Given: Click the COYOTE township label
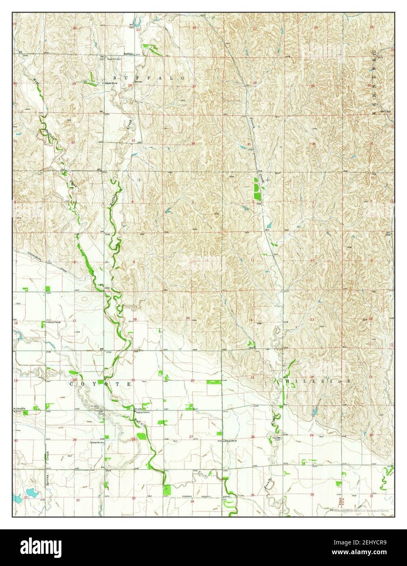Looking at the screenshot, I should pos(101,384).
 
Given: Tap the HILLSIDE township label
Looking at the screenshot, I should pos(318,381).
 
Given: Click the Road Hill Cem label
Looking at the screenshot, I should pos(112,59).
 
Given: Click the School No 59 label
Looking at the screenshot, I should pos(231,441).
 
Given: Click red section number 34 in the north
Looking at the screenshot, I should pos(194,143).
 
